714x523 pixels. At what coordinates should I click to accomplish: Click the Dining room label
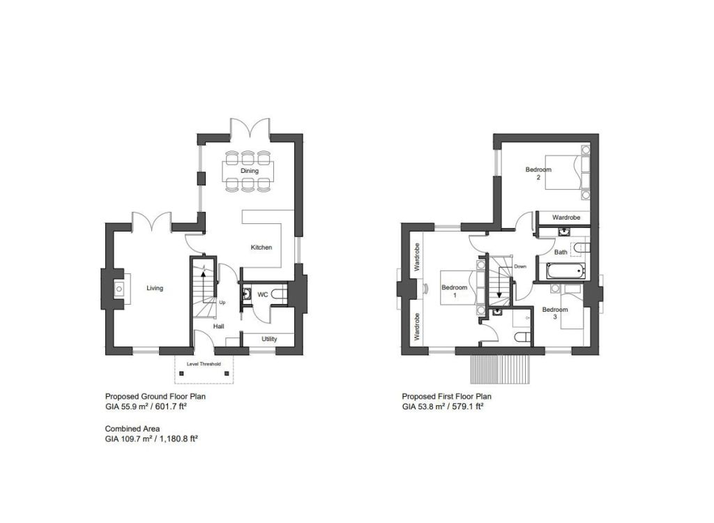250,171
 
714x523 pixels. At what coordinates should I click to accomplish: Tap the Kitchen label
261,248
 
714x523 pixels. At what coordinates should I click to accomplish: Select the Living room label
155,288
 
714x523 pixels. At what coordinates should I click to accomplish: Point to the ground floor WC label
263,295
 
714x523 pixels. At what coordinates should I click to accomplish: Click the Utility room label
269,339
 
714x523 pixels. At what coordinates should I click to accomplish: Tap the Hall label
219,326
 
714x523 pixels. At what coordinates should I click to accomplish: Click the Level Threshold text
204,364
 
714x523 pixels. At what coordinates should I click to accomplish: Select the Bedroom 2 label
538,173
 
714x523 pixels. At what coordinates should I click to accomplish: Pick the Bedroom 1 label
455,291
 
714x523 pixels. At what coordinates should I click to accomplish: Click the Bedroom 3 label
555,313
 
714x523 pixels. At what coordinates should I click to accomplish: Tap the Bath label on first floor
561,252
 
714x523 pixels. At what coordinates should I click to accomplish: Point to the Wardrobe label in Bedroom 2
566,218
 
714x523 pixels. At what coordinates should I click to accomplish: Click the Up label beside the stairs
222,303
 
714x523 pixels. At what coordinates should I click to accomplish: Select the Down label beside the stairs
520,266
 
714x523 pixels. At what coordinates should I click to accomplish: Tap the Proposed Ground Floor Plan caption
155,396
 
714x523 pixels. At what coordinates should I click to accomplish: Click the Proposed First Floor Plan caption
447,396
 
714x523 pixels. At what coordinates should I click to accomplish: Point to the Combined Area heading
132,429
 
